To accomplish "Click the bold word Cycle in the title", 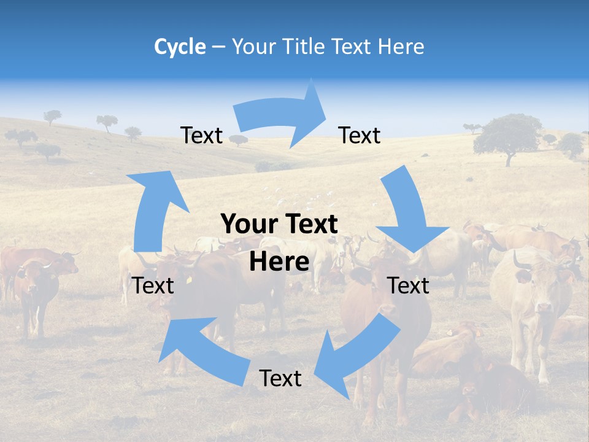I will (x=180, y=47).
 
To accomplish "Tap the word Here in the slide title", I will (x=401, y=47).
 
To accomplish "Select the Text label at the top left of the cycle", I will (x=201, y=135).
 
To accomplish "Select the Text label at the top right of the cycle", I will (x=360, y=135).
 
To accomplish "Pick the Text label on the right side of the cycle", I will (x=408, y=285).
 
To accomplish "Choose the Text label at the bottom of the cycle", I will (x=280, y=378).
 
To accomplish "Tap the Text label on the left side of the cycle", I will (x=153, y=285).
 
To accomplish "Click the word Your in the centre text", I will (x=245, y=225).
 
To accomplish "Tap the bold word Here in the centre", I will (x=279, y=262).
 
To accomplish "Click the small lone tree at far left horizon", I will (x=52, y=115).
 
